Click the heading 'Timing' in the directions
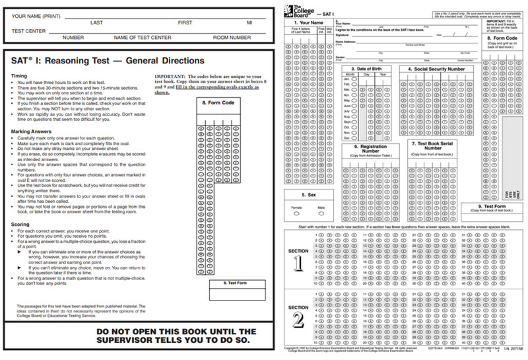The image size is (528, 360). pos(20,77)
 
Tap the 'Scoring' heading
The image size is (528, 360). pos(22,224)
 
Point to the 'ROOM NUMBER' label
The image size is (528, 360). pos(232,38)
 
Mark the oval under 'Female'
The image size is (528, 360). pos(297,213)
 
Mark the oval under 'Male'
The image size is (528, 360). pos(321,213)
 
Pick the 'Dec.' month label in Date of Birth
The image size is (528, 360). pos(346,137)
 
